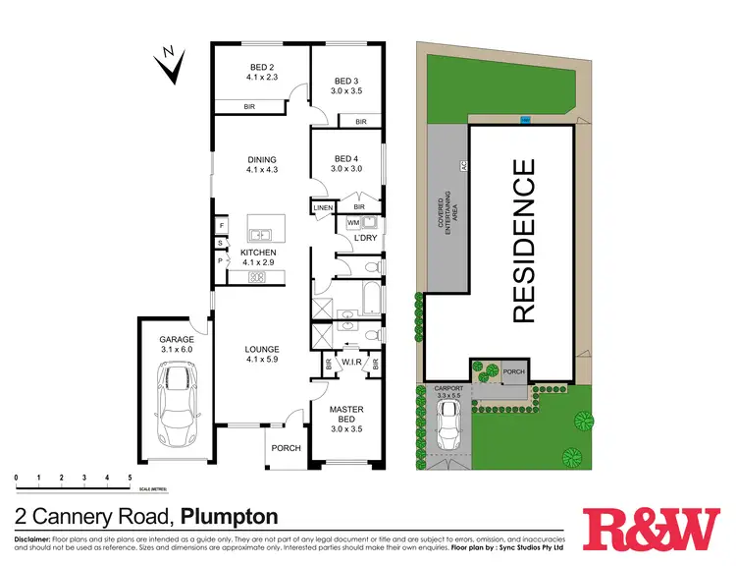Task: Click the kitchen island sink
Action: tap(261, 234)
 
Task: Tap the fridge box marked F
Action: tap(222, 225)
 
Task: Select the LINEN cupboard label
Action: tap(323, 208)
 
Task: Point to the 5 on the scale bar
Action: tap(130, 478)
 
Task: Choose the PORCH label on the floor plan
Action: tap(286, 449)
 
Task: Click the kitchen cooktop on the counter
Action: tap(257, 277)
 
